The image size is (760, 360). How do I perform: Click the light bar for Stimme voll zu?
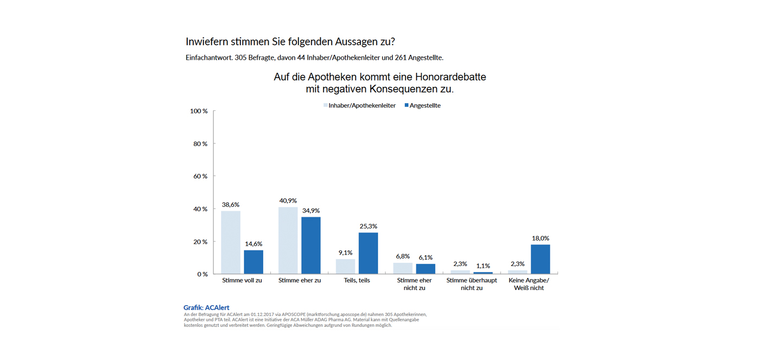pyautogui.click(x=231, y=242)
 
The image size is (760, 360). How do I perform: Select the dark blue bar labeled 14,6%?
pyautogui.click(x=254, y=262)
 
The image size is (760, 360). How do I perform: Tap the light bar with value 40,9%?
pyautogui.click(x=288, y=241)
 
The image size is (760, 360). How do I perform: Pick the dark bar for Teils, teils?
pyautogui.click(x=368, y=253)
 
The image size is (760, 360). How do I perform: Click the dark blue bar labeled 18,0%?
pyautogui.click(x=540, y=259)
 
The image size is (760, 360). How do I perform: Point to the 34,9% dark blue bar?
pyautogui.click(x=311, y=245)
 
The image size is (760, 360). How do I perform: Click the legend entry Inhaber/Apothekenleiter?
pyautogui.click(x=362, y=106)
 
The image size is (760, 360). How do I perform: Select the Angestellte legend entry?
pyautogui.click(x=425, y=106)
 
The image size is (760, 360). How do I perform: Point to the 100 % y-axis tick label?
pyautogui.click(x=199, y=111)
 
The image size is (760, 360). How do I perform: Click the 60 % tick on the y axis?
pyautogui.click(x=201, y=176)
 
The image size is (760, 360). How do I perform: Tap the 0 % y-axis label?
pyautogui.click(x=202, y=274)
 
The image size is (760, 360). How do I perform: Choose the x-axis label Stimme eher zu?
pyautogui.click(x=300, y=281)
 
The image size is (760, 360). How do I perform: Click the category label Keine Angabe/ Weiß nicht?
pyautogui.click(x=529, y=284)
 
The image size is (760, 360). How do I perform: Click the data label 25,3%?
pyautogui.click(x=368, y=226)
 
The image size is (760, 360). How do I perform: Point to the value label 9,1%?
pyautogui.click(x=345, y=252)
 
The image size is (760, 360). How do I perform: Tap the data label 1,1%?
pyautogui.click(x=483, y=266)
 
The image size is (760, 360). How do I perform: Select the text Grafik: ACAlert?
pyautogui.click(x=206, y=308)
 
